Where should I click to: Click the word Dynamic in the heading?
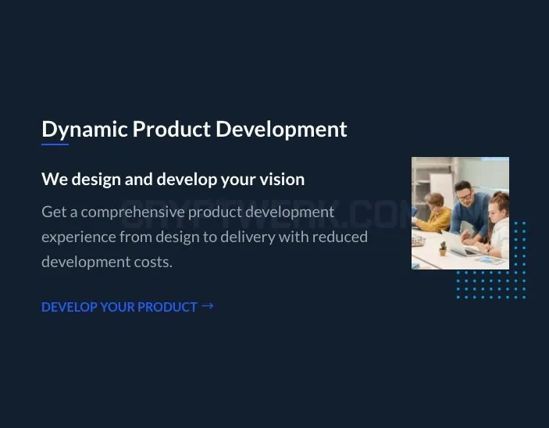click(x=84, y=130)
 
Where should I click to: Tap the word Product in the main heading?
click(x=172, y=129)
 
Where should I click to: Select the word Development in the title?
click(x=281, y=130)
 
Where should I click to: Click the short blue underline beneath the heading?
click(x=55, y=144)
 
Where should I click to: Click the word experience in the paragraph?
click(x=78, y=237)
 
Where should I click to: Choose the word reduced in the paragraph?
click(x=340, y=237)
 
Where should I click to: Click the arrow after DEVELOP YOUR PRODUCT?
click(x=207, y=306)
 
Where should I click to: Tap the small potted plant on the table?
click(x=443, y=248)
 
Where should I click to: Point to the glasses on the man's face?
click(x=465, y=195)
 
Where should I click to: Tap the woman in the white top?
click(x=497, y=226)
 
